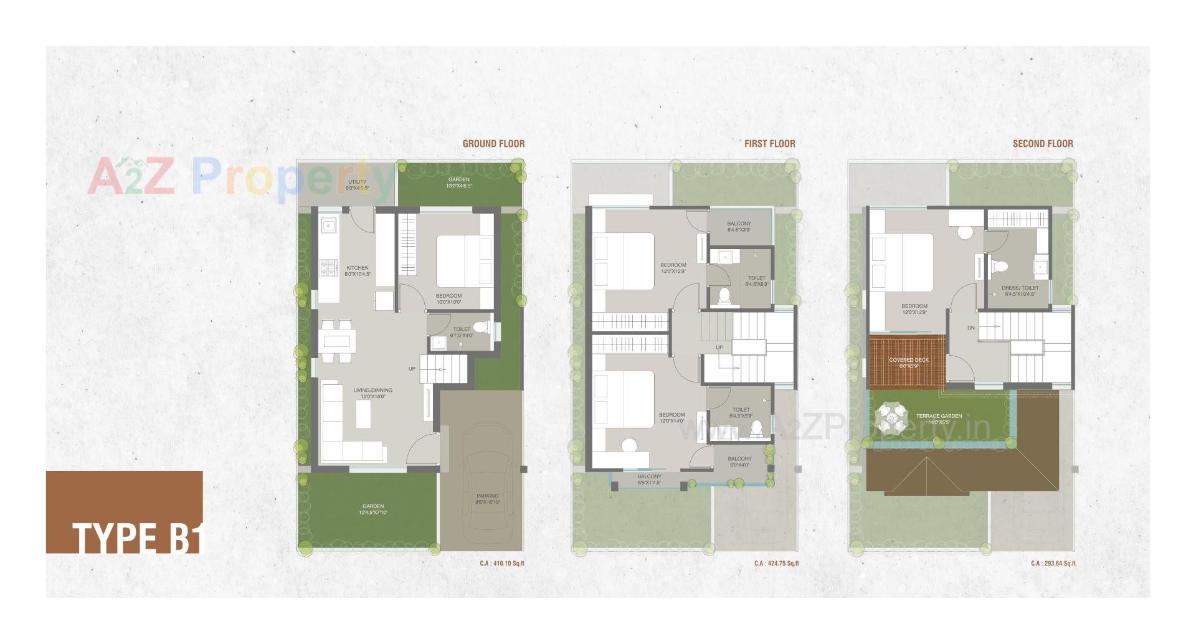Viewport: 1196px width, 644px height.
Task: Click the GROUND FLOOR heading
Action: (x=493, y=144)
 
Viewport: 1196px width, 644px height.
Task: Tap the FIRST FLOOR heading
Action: (x=769, y=144)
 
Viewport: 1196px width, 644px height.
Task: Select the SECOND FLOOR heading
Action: (x=1043, y=144)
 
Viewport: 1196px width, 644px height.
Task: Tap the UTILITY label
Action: (x=358, y=184)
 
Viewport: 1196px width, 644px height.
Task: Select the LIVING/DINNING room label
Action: (x=373, y=393)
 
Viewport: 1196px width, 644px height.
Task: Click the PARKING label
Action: (x=487, y=498)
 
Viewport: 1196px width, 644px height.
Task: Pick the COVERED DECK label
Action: (x=909, y=362)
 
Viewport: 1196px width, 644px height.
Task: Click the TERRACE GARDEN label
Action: (x=939, y=419)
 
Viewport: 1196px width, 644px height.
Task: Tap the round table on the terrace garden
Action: (x=893, y=417)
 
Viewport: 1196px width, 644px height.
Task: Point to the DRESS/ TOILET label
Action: (x=1020, y=291)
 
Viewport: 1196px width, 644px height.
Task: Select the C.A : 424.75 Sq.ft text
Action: (x=776, y=564)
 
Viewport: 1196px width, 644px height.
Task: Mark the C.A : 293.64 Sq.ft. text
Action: (x=1053, y=564)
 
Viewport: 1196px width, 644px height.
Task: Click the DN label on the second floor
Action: (x=971, y=328)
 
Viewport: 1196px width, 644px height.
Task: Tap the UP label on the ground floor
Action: (x=412, y=369)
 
